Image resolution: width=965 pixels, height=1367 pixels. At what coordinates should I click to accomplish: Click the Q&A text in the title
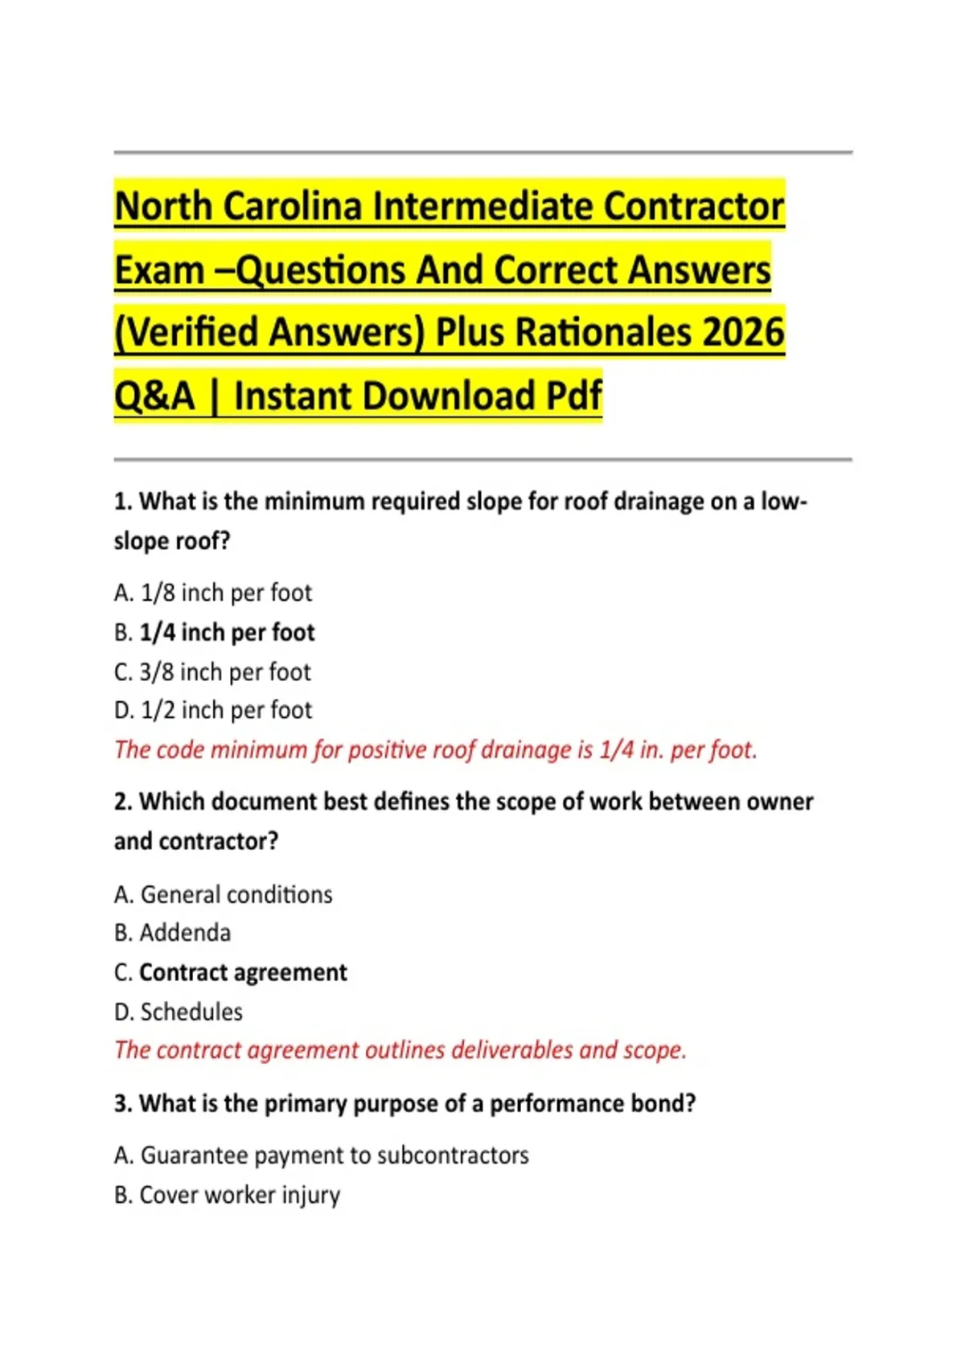tap(154, 396)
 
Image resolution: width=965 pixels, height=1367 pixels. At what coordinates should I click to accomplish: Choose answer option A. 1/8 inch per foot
tap(213, 593)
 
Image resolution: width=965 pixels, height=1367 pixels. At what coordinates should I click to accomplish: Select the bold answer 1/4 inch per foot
tap(227, 632)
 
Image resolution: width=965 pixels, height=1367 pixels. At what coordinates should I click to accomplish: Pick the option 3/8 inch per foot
tap(212, 671)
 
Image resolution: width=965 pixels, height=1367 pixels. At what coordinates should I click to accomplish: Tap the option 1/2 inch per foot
tap(213, 710)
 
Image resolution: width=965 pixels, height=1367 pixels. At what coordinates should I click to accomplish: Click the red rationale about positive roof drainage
tap(435, 749)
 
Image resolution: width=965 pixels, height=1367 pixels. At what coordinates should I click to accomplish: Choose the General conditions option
tap(224, 894)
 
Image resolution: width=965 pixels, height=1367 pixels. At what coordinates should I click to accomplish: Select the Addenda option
tap(173, 933)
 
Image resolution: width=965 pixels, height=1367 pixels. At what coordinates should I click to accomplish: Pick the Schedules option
tap(179, 1012)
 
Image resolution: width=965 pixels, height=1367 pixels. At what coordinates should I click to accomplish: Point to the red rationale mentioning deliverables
tap(400, 1050)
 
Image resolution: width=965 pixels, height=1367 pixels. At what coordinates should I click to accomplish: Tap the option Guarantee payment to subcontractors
tap(322, 1156)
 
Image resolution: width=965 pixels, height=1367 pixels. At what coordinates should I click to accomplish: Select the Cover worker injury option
tap(228, 1195)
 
